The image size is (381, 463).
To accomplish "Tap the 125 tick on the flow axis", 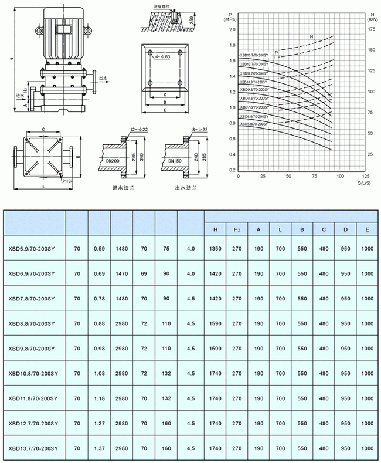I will pyautogui.click(x=366, y=176).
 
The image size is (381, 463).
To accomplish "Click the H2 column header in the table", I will pyautogui.click(x=237, y=229).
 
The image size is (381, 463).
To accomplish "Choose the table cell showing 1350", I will pyautogui.click(x=215, y=248).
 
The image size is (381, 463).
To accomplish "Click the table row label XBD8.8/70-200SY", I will pyautogui.click(x=32, y=323).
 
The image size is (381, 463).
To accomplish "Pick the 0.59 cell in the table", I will pyautogui.click(x=99, y=248).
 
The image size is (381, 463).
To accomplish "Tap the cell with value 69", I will pyautogui.click(x=144, y=273).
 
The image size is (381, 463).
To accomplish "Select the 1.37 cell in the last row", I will pyautogui.click(x=99, y=448).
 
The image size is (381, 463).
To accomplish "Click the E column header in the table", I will pyautogui.click(x=367, y=229).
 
